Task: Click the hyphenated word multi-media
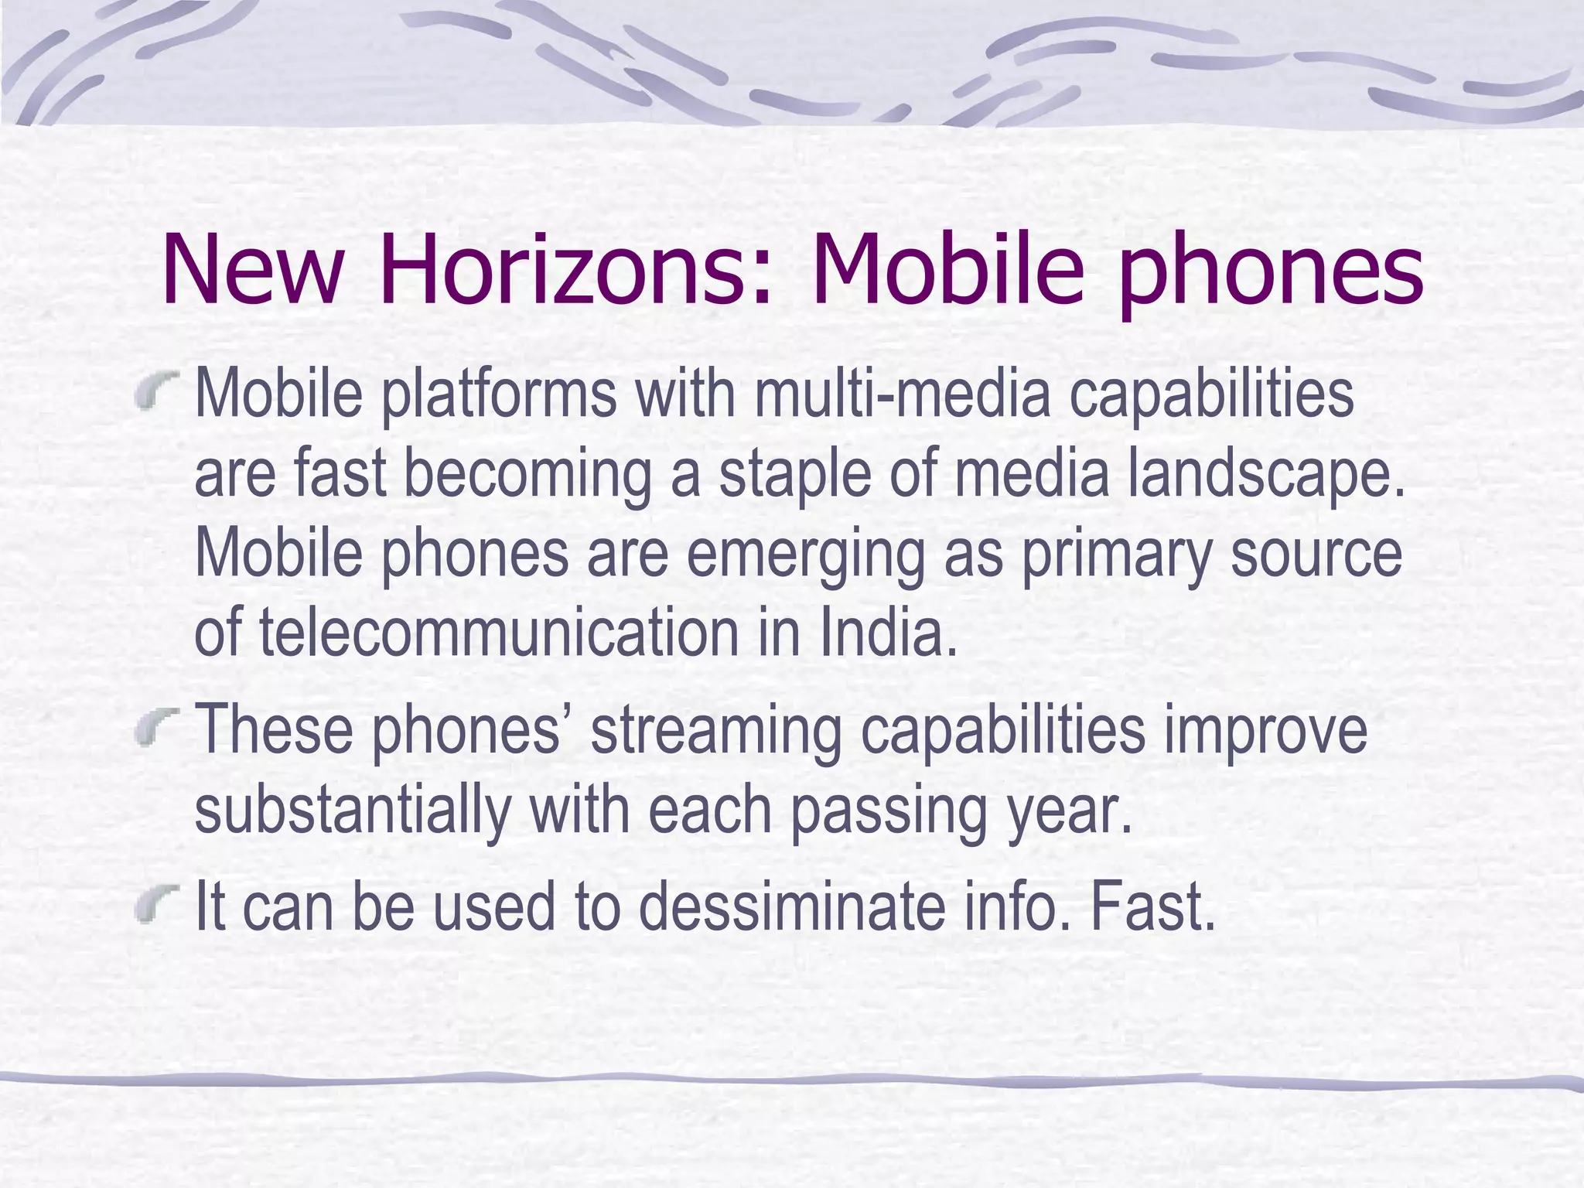click(x=902, y=394)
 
